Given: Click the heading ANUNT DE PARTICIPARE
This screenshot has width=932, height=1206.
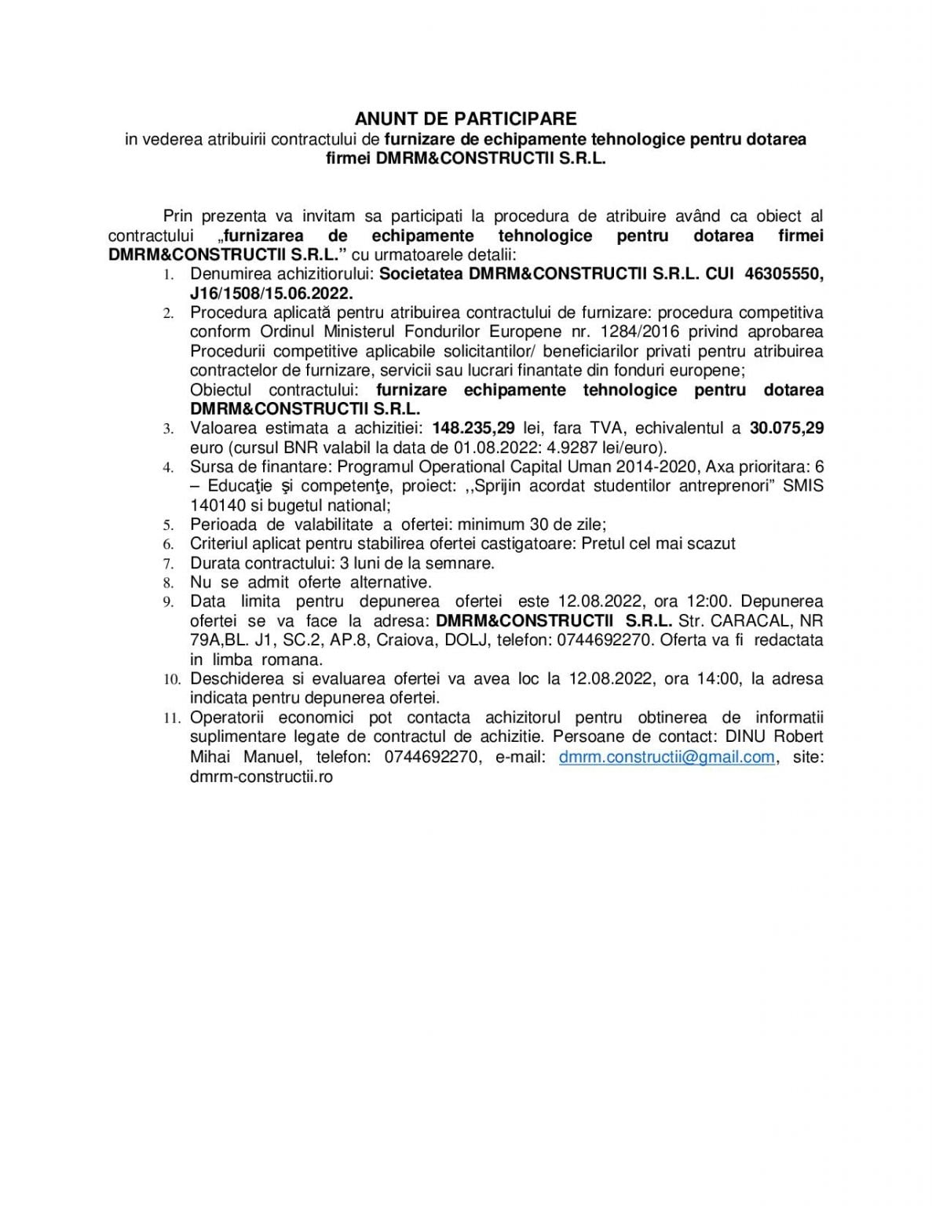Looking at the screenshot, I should pyautogui.click(x=466, y=119).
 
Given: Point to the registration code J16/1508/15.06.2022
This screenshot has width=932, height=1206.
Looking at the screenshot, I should pyautogui.click(x=272, y=294).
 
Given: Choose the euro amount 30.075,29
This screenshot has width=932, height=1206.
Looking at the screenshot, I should pyautogui.click(x=787, y=429).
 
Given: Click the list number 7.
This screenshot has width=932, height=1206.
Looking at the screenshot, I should pyautogui.click(x=169, y=564).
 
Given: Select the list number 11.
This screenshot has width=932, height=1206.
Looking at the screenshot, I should pyautogui.click(x=172, y=718).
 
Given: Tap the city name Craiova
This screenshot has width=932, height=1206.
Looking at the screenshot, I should pyautogui.click(x=408, y=641).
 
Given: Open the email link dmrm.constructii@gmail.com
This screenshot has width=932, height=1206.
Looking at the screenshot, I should pyautogui.click(x=667, y=757).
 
